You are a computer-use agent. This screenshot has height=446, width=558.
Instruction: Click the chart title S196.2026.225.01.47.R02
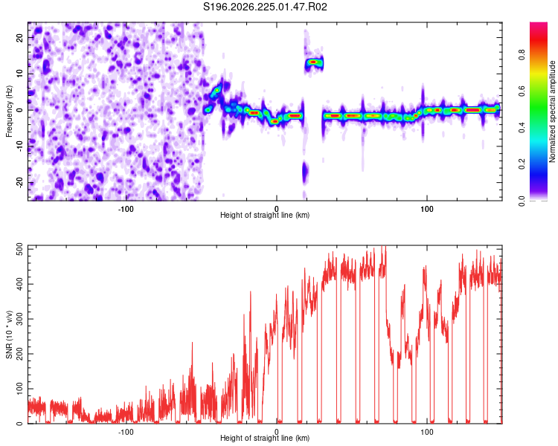(265, 7)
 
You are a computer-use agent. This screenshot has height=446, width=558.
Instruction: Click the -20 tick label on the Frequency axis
(20, 182)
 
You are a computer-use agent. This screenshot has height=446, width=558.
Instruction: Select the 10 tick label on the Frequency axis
(20, 74)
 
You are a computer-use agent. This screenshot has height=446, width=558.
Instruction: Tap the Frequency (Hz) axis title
(9, 111)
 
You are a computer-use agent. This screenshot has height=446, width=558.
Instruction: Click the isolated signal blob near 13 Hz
(313, 62)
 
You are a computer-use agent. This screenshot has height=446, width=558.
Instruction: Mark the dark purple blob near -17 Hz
(305, 172)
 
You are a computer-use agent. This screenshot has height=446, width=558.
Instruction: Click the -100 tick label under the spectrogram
(125, 209)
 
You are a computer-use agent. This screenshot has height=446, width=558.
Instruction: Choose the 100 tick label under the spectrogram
(427, 209)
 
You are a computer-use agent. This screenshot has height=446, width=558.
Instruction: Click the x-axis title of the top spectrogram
(265, 215)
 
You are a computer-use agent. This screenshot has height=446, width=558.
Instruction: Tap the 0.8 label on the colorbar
(522, 55)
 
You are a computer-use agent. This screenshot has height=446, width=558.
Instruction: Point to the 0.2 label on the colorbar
(522, 164)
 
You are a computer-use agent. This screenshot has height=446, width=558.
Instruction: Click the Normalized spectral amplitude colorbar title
(552, 111)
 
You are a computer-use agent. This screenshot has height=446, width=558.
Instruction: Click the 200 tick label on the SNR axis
(20, 354)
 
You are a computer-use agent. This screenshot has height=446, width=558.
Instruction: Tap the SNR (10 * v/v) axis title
(9, 334)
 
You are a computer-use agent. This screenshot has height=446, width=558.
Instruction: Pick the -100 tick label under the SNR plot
(125, 432)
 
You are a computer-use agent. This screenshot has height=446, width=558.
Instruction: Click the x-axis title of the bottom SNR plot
(265, 438)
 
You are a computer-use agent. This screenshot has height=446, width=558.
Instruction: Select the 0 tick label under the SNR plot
(277, 432)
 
